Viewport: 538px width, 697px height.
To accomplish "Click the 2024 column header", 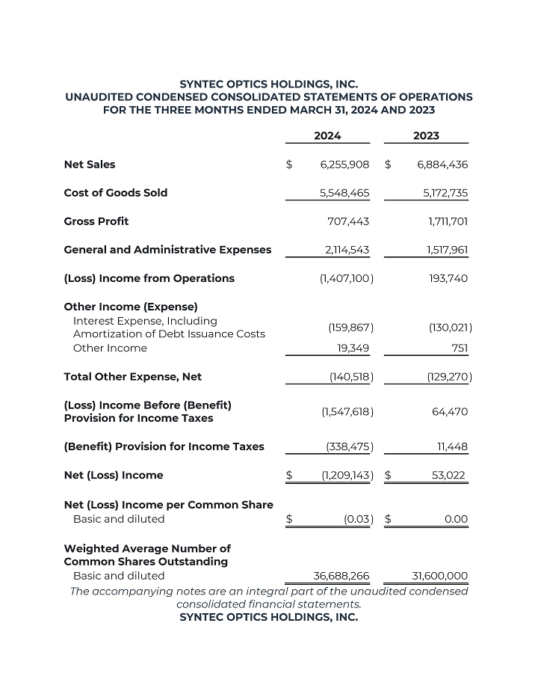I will [x=327, y=135].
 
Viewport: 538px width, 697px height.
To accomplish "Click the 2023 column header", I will [x=426, y=135].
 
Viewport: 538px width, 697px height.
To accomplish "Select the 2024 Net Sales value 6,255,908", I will [x=344, y=165].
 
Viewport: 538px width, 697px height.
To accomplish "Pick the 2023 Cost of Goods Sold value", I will [x=445, y=193].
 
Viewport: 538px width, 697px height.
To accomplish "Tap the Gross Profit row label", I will [x=96, y=221].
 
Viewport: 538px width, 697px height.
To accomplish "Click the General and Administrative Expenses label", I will [x=167, y=250].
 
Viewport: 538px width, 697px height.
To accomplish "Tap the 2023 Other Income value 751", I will [x=460, y=348].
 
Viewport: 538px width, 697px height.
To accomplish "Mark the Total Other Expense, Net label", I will [x=133, y=377].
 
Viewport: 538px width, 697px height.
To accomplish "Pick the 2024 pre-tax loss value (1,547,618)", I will [x=347, y=412].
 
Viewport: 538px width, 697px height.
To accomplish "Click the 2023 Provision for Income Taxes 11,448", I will [x=452, y=447].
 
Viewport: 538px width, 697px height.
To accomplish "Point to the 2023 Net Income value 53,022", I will [x=450, y=476].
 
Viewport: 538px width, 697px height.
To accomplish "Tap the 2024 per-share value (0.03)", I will [x=359, y=519].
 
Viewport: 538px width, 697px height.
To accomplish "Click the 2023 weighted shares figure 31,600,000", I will [x=440, y=576].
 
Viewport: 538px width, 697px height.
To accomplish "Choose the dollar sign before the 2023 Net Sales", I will [x=388, y=165].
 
